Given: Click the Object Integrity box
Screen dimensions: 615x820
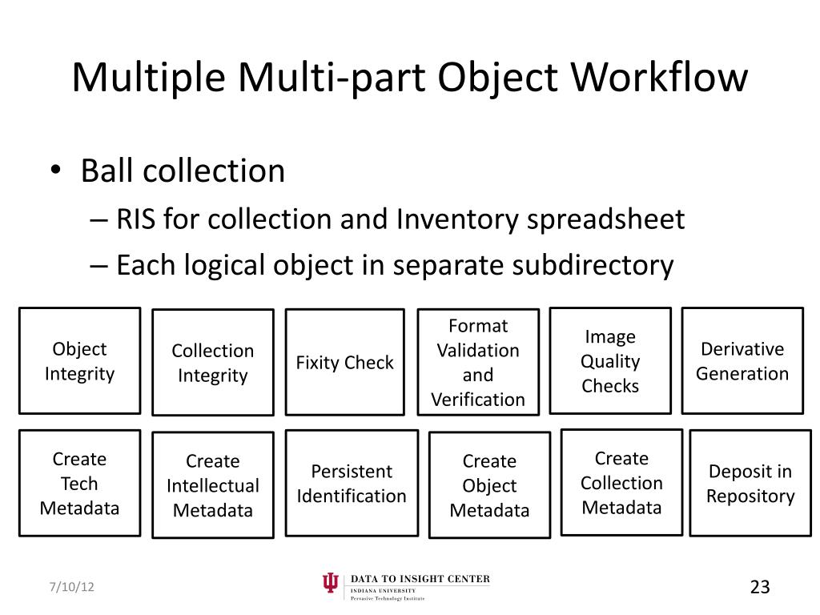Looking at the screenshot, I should click(79, 361).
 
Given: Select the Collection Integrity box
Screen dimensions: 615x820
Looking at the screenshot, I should click(212, 363).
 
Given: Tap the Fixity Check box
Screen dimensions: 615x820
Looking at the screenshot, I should click(345, 362).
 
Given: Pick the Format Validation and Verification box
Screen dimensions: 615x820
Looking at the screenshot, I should click(478, 362).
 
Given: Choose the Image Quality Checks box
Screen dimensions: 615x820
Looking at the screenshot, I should click(610, 361).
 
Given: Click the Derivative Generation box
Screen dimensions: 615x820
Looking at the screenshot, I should click(742, 361).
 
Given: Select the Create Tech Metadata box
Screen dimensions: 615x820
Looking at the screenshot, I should click(79, 483).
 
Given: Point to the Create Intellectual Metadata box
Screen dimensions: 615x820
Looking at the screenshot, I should click(212, 485).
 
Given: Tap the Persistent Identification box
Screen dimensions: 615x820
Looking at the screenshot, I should click(352, 483).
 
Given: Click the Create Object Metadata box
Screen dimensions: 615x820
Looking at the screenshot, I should click(489, 485).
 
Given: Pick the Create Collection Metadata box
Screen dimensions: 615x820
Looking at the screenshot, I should click(621, 483).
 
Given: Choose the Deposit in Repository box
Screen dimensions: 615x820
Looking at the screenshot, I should click(750, 483).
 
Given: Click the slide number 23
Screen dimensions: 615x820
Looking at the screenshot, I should click(759, 587).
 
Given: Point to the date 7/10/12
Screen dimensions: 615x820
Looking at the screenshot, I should click(70, 587).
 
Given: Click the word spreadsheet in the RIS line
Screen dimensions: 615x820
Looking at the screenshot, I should click(605, 219).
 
